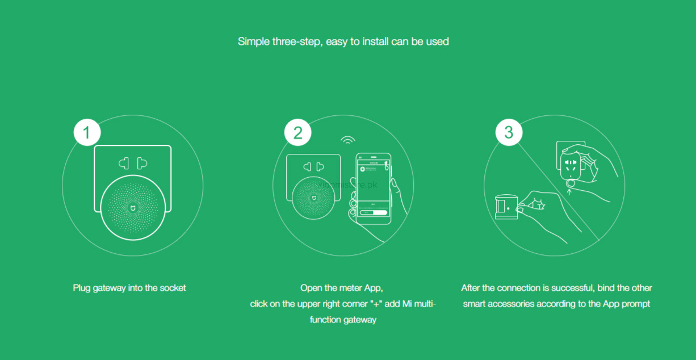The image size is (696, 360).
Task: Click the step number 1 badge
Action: point(87,132)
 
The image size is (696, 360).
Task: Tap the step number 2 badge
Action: point(298,132)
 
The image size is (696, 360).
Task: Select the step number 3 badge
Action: point(509,132)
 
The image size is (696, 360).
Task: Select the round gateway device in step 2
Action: point(313,197)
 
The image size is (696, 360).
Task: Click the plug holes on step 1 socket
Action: point(133,164)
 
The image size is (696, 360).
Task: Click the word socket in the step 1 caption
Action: point(173,288)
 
